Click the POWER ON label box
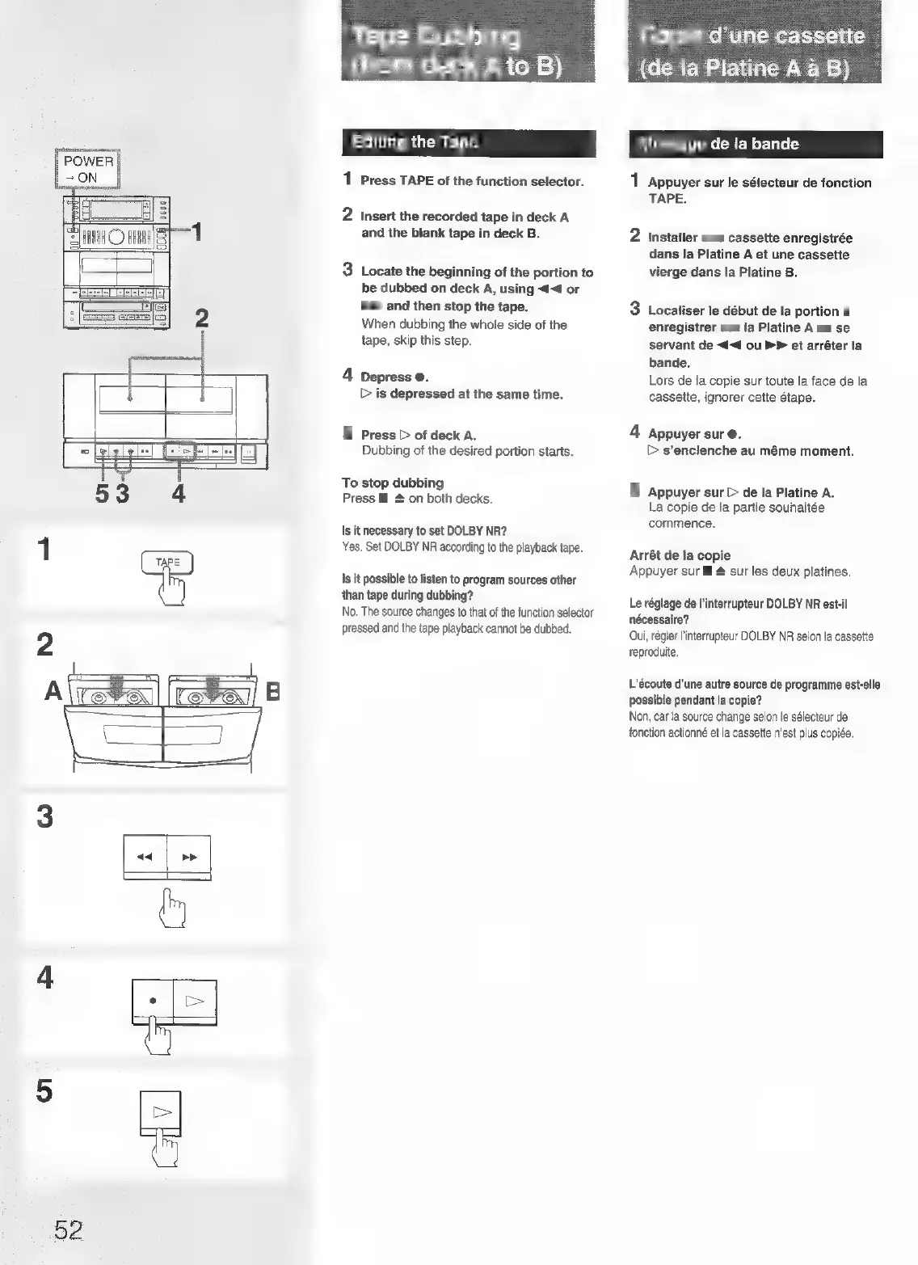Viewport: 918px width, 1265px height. click(87, 169)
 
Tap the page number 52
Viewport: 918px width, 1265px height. click(68, 1229)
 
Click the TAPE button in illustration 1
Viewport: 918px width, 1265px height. click(167, 563)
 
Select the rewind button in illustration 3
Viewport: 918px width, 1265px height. click(145, 857)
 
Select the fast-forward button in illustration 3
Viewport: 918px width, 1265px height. click(189, 857)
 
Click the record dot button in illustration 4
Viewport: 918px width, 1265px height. click(153, 1001)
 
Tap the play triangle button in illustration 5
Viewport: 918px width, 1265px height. click(161, 1113)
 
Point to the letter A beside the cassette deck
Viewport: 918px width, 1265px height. click(53, 691)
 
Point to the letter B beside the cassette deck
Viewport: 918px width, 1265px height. click(272, 692)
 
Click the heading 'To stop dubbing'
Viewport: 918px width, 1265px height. click(393, 483)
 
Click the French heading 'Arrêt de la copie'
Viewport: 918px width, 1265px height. click(680, 555)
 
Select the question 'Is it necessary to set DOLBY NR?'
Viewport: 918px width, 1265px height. click(424, 531)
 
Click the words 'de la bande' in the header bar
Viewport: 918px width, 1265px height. click(754, 145)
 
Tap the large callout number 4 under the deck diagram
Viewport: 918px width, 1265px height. click(179, 493)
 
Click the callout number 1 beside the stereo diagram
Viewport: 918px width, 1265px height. click(196, 234)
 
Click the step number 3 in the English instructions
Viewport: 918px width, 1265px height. click(347, 270)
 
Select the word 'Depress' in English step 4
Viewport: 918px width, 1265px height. click(385, 377)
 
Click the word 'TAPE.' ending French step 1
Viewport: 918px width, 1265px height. click(667, 199)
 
